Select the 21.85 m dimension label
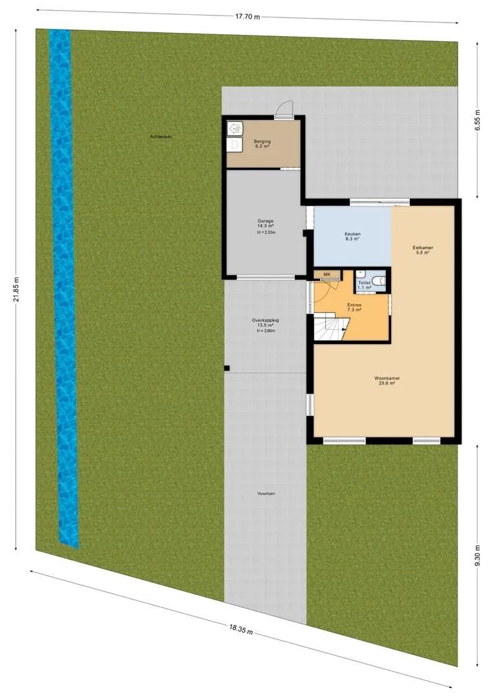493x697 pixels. coord(16,289)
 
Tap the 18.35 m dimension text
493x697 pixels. coord(241,629)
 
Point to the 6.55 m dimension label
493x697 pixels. coord(478,120)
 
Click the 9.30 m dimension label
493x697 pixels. coord(478,556)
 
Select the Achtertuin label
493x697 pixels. coord(161,137)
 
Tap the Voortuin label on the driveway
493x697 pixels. coord(266,494)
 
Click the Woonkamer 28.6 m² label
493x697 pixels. coord(386,381)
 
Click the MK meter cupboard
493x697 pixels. coord(327,274)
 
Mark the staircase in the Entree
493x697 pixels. coord(330,327)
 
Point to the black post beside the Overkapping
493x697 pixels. coord(226,368)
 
